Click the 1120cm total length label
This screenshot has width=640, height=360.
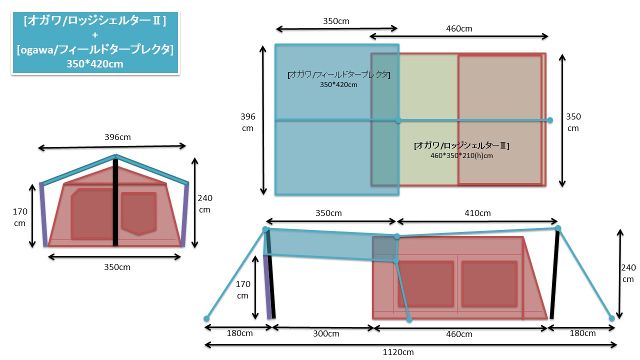pos(398,352)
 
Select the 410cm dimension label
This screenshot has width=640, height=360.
pos(477,213)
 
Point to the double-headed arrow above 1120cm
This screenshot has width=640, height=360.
pos(410,344)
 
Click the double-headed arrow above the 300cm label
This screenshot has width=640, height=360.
pos(322,328)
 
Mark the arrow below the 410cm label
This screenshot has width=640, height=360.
pos(477,221)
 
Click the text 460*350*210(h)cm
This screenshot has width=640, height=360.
pos(461,155)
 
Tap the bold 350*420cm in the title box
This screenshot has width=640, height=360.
pos(95,63)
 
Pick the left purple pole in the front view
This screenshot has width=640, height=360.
pos(43,214)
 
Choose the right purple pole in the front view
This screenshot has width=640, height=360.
pos(185,214)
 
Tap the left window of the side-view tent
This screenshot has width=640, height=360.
pos(425,283)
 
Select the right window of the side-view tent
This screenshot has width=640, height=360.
pos(489,283)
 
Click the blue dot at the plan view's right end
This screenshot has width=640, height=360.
pos(550,120)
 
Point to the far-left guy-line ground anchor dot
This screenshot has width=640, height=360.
pos(206,318)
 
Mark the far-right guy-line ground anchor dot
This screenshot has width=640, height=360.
pos(611,318)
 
